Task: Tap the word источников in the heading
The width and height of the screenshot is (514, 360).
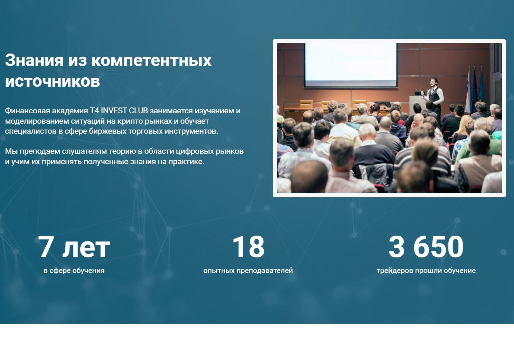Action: [x=53, y=81]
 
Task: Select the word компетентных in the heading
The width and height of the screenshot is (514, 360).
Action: [x=151, y=60]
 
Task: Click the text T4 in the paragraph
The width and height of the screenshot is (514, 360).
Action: [x=94, y=111]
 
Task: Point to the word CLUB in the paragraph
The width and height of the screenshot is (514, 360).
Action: [x=138, y=111]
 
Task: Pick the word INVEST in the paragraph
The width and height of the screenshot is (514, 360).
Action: [x=114, y=111]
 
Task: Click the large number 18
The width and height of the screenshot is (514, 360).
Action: [x=248, y=247]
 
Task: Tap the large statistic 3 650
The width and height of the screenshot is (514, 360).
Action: [x=426, y=247]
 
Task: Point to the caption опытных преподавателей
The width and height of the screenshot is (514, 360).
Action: [x=248, y=271]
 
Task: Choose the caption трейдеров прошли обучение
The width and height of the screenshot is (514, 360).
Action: [x=426, y=271]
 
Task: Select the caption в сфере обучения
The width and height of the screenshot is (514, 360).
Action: [x=74, y=271]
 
